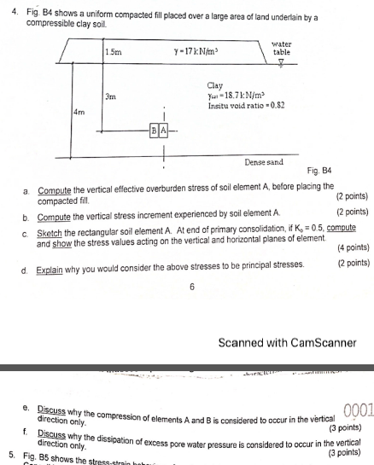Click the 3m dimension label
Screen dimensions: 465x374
[109, 97]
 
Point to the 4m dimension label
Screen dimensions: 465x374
[79, 112]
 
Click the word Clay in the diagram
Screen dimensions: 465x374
[216, 86]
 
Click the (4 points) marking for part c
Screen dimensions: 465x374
[353, 248]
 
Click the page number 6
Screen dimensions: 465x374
[192, 288]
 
